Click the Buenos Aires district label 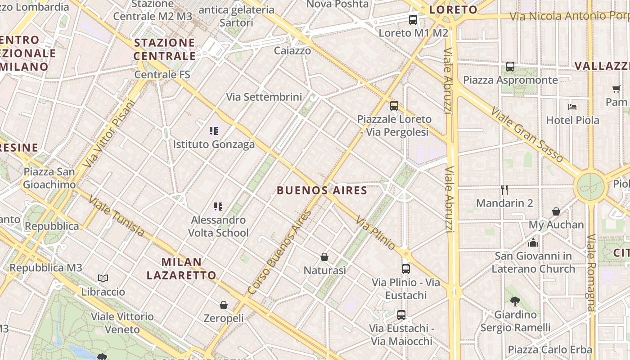coord(322,190)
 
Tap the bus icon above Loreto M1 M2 coord(413,20)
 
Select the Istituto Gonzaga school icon coord(214,131)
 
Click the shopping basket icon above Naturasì coord(324,257)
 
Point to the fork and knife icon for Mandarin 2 coord(504,190)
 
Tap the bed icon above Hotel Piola coord(572,107)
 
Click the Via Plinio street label coord(375,233)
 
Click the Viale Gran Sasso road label coord(526,135)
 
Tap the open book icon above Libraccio coord(103,279)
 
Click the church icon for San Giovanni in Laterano coord(533,243)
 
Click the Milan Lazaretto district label coord(182,268)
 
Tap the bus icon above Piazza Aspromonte coord(510,67)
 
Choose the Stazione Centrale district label coord(165,49)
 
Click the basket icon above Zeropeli coord(224,305)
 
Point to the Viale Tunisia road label coord(117,216)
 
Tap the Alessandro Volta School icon coord(218,207)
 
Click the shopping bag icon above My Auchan coord(556,211)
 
